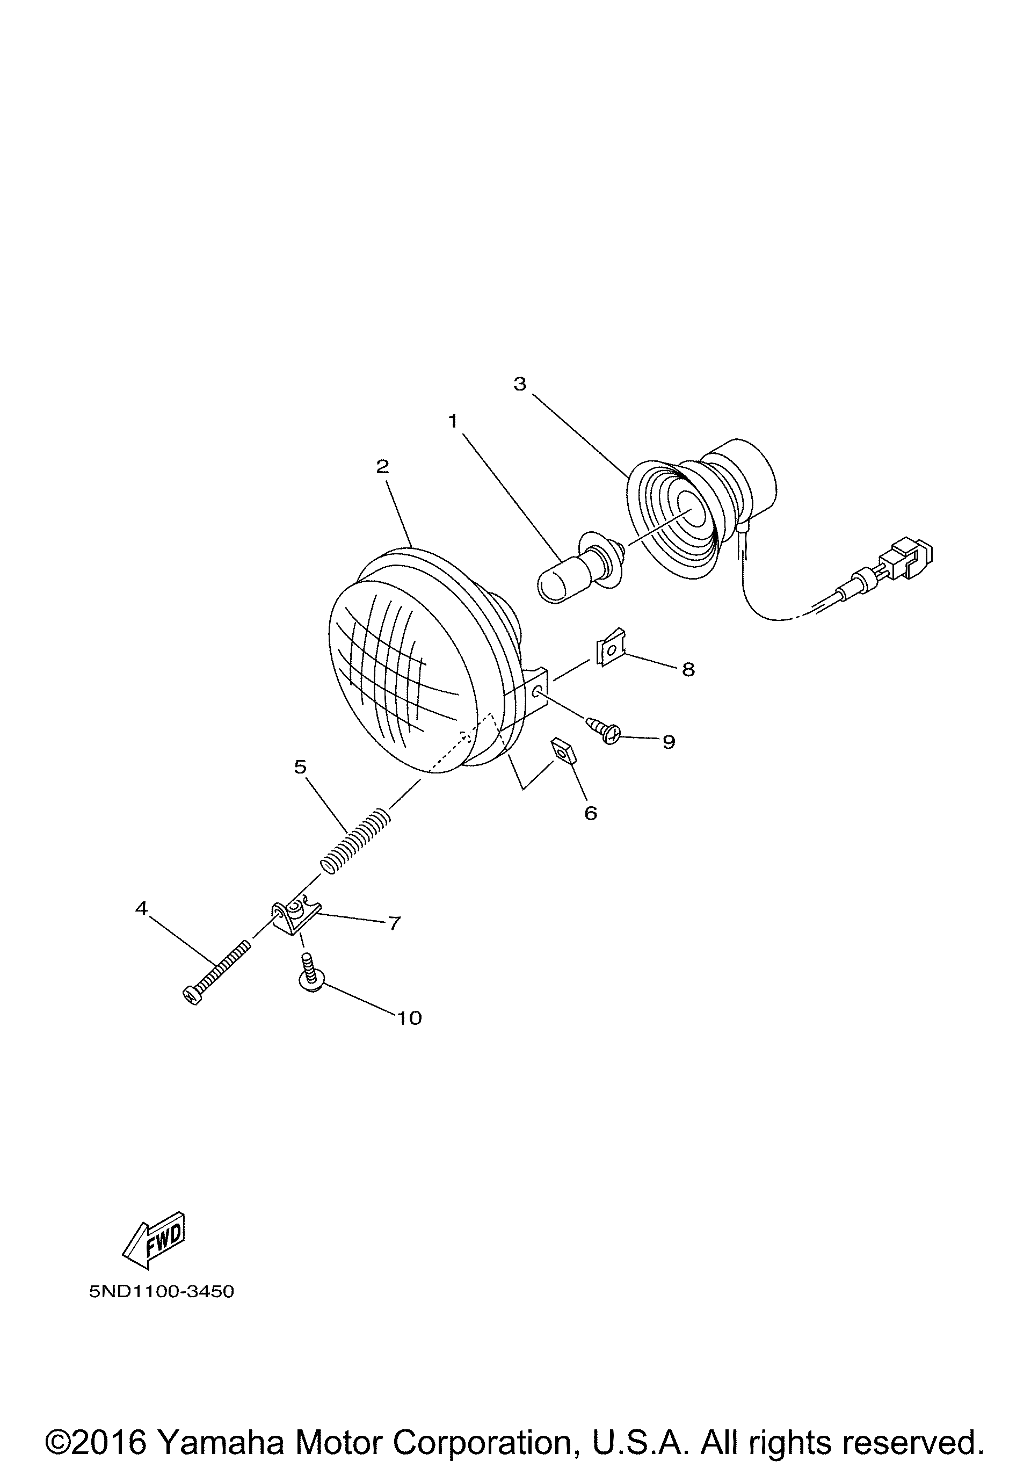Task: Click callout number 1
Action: pyautogui.click(x=453, y=421)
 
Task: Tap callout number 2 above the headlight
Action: pyautogui.click(x=382, y=467)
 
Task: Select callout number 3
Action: pyautogui.click(x=520, y=384)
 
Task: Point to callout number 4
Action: pyautogui.click(x=141, y=907)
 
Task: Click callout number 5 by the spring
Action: pyautogui.click(x=300, y=766)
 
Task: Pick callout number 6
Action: pyautogui.click(x=591, y=813)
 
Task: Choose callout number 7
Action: pyautogui.click(x=394, y=923)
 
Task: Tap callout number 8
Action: pyautogui.click(x=688, y=669)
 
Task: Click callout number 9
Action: pyautogui.click(x=669, y=742)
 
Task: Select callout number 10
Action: pyautogui.click(x=410, y=1018)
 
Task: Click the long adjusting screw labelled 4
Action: pyautogui.click(x=216, y=971)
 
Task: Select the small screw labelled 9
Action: pyautogui.click(x=604, y=729)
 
